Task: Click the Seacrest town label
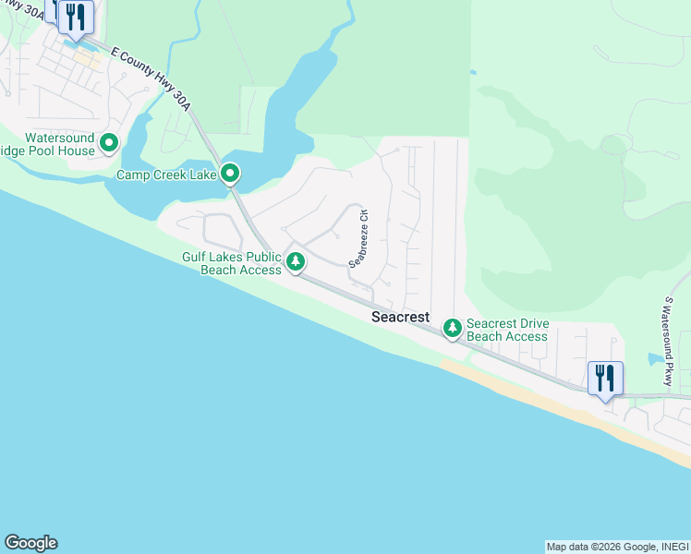(x=400, y=317)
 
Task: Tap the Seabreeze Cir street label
(x=358, y=238)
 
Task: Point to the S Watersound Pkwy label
(x=668, y=342)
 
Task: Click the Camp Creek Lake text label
(x=166, y=175)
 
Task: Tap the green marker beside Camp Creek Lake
(x=230, y=173)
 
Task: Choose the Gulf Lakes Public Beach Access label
(x=231, y=263)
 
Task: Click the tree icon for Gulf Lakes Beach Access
(x=296, y=262)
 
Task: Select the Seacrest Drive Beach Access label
(x=507, y=330)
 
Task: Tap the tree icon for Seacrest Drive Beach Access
(x=453, y=328)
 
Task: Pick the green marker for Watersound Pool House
(x=109, y=143)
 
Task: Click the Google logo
(x=30, y=543)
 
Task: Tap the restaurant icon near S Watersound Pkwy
(x=605, y=379)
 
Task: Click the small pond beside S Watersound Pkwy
(x=655, y=357)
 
